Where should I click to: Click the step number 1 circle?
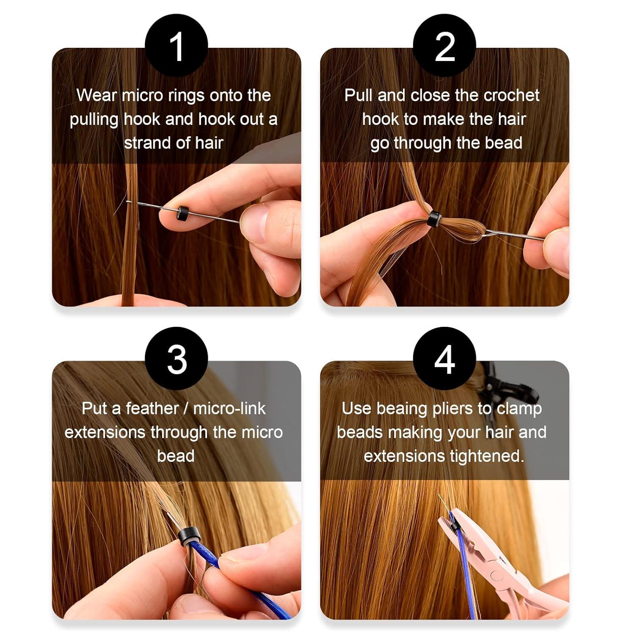pos(176,46)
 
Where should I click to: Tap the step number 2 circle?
pos(444,46)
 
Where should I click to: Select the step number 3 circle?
pos(176,359)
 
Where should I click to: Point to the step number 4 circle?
pos(444,359)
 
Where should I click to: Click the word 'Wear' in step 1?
pos(96,95)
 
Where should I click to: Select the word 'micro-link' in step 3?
pos(229,409)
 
